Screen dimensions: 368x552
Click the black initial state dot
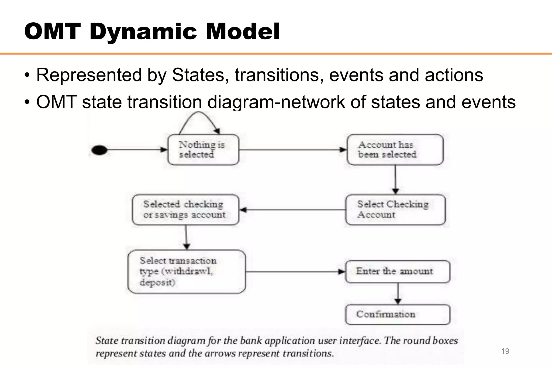point(99,150)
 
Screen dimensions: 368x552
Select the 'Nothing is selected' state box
point(203,150)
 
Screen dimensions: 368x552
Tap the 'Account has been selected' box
point(395,150)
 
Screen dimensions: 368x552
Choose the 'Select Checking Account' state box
point(395,209)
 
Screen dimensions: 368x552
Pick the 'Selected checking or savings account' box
point(185,209)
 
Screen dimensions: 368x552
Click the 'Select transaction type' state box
point(187,271)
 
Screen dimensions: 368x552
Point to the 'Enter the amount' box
point(397,271)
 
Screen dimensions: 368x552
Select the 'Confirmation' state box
point(397,314)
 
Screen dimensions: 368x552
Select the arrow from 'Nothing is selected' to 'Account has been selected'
point(293,150)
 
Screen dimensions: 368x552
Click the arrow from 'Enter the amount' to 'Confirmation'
point(398,293)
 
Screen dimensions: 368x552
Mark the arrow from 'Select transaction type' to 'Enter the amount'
point(295,272)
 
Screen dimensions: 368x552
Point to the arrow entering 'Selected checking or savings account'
point(292,210)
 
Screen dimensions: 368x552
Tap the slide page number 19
point(505,351)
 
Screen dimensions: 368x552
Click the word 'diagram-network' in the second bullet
point(276,102)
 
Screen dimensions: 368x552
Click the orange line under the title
point(276,54)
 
